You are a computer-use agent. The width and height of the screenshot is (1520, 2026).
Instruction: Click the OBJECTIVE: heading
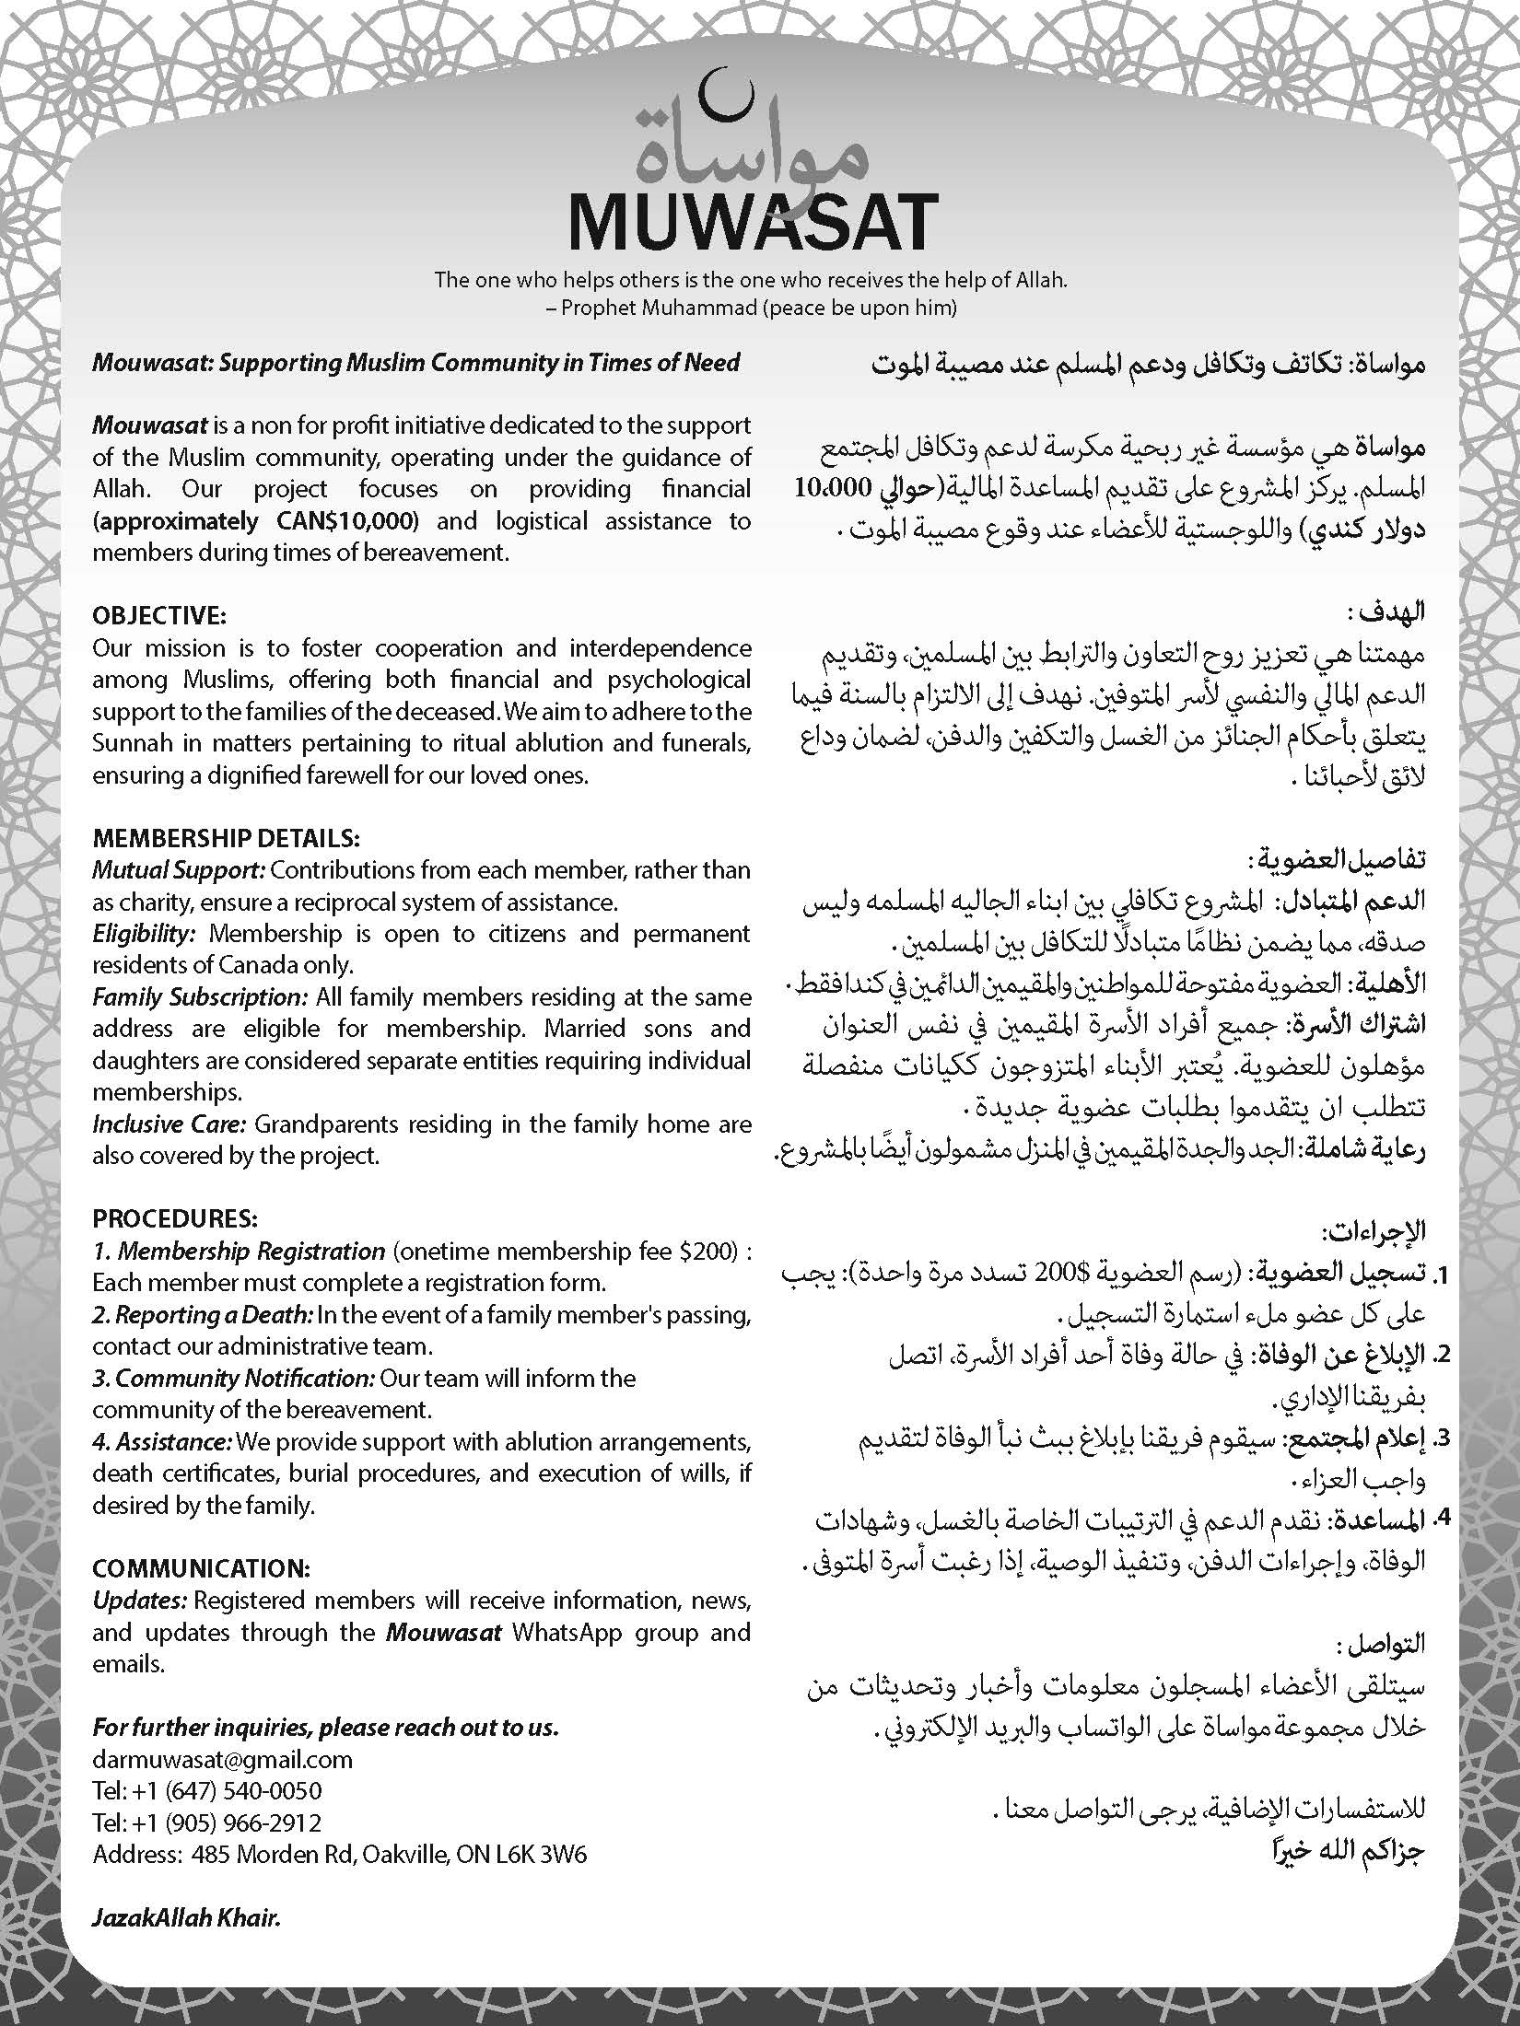158,615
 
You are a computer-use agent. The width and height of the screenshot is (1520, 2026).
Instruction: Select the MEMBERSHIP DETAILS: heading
226,839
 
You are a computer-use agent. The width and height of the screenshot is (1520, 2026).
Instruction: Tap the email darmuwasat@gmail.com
222,1760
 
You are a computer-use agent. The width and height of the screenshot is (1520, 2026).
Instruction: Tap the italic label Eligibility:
144,934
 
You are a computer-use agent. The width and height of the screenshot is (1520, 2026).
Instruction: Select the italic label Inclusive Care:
169,1124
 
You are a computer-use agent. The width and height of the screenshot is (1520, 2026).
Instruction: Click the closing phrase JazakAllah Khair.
185,1918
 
